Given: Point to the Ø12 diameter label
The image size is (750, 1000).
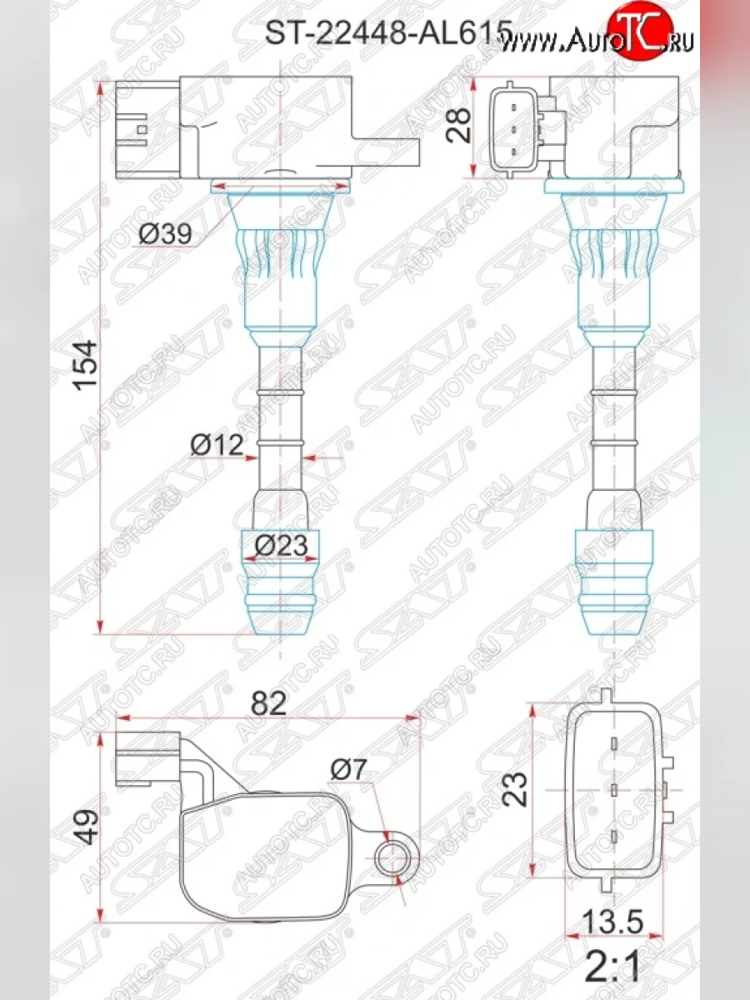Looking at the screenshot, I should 216,446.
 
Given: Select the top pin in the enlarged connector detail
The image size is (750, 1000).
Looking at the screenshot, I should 613,744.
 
